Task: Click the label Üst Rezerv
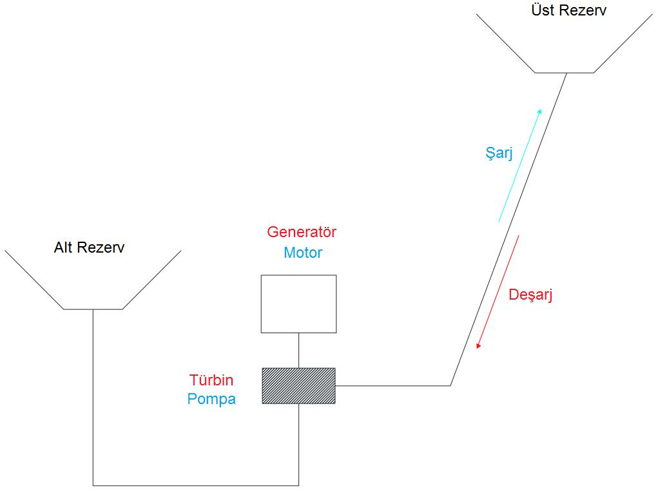(568, 10)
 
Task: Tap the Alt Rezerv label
(89, 247)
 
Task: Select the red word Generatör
(302, 232)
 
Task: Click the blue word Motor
(303, 253)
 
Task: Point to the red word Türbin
(211, 380)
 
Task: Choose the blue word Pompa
(211, 399)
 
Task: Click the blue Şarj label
(499, 153)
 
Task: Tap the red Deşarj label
(530, 295)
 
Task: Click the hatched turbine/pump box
(298, 385)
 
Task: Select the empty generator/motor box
(298, 304)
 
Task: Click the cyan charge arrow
(519, 166)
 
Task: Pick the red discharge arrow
(498, 292)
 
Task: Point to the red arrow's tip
(478, 348)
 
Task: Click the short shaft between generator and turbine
(298, 350)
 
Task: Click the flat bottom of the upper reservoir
(564, 73)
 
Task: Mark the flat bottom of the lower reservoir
(93, 309)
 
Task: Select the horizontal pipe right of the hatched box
(392, 385)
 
